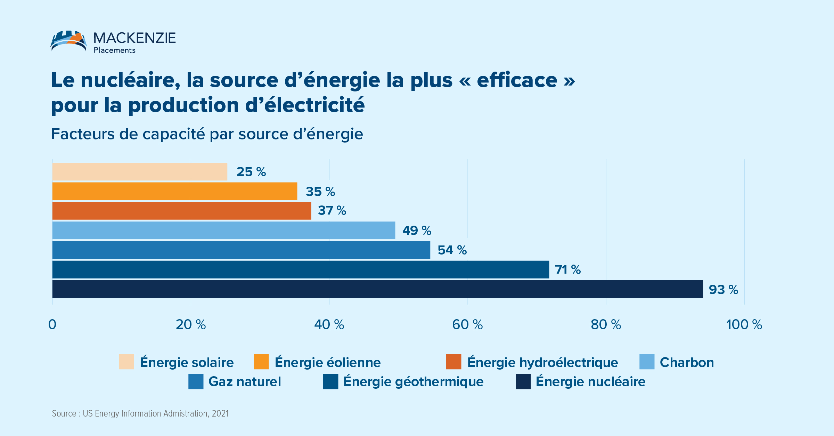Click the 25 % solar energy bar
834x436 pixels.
click(x=140, y=171)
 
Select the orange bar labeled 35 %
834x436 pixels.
click(x=174, y=191)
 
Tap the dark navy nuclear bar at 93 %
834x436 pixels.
click(x=377, y=289)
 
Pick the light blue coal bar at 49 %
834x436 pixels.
click(x=223, y=230)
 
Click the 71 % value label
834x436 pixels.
click(x=567, y=269)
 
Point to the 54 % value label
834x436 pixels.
click(x=452, y=250)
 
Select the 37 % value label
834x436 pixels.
click(x=332, y=210)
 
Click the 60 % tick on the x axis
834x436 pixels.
click(x=467, y=324)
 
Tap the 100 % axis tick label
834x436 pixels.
click(x=744, y=324)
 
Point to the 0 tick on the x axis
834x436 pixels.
click(x=52, y=324)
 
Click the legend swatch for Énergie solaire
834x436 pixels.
click(x=126, y=362)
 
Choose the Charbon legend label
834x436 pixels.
click(x=687, y=362)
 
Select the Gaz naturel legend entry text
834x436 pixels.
click(x=244, y=381)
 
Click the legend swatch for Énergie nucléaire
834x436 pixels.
click(x=523, y=381)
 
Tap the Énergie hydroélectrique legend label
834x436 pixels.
click(x=542, y=362)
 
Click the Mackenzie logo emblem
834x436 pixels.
click(x=69, y=41)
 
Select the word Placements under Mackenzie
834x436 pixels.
click(x=114, y=50)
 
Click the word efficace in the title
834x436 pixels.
click(x=517, y=80)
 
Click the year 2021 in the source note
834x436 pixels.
click(x=220, y=413)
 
